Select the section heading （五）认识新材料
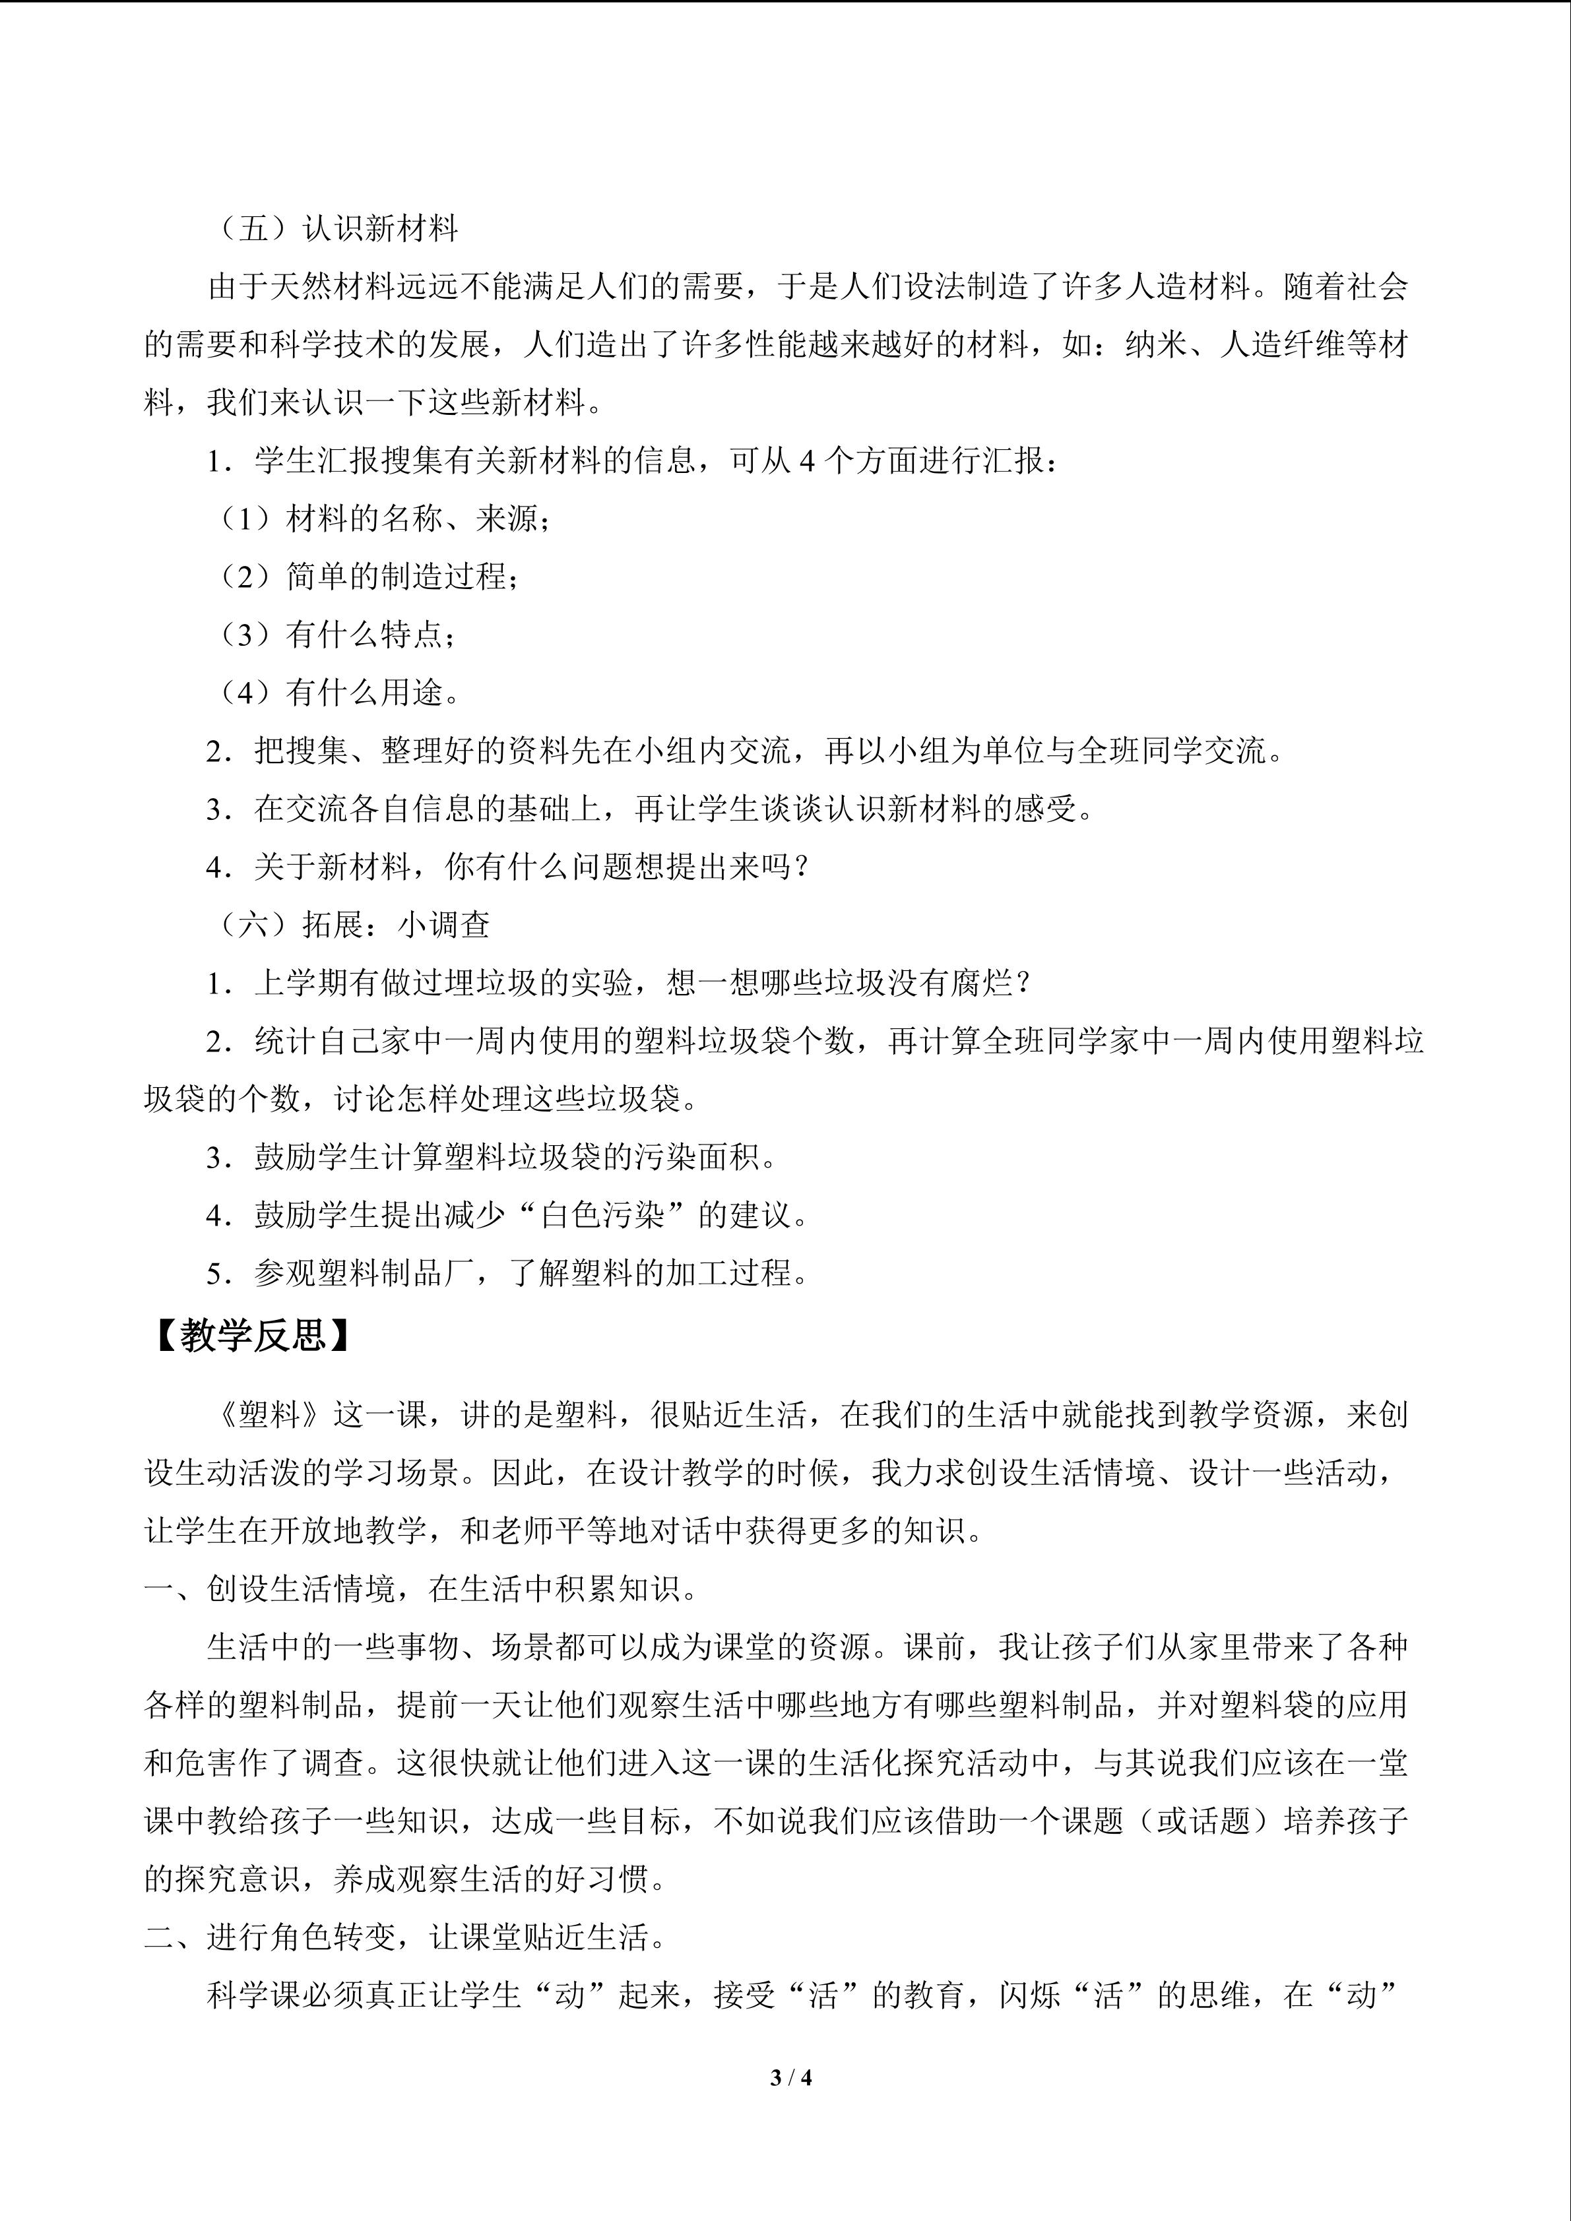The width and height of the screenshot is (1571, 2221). (334, 230)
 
